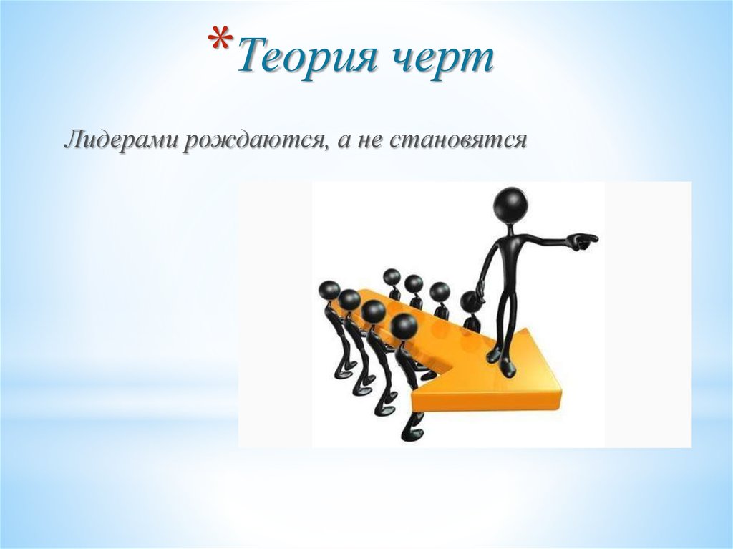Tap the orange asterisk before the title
[223, 42]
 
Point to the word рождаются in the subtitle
[251, 140]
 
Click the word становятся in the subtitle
[459, 140]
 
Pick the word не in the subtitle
[371, 140]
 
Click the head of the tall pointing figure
[511, 205]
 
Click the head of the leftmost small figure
[329, 291]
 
